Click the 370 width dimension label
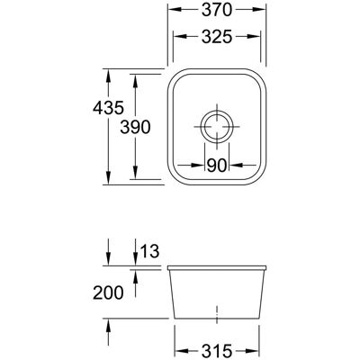click(217, 10)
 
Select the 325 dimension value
click(217, 37)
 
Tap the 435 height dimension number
click(108, 108)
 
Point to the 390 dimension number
click(135, 127)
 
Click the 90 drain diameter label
click(216, 166)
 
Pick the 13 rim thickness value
click(149, 251)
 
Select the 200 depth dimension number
click(108, 292)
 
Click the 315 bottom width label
click(217, 351)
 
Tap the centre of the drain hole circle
click(217, 126)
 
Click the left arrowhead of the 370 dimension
click(175, 10)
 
